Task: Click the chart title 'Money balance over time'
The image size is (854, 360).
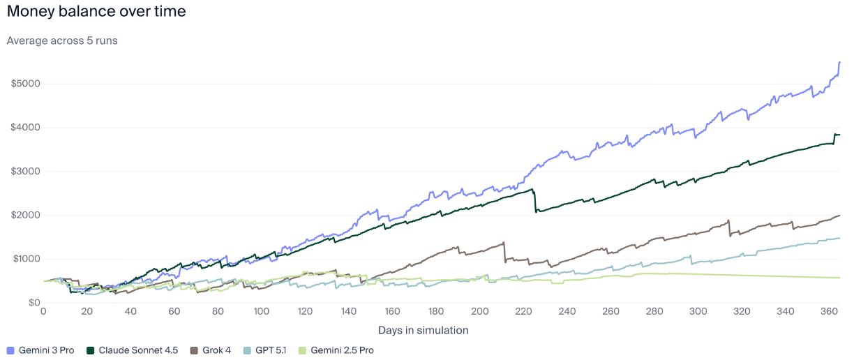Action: point(96,12)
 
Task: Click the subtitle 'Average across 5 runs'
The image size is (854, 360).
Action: point(62,40)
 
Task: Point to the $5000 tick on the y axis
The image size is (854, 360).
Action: point(25,84)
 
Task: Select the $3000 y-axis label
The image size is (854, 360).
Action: point(25,172)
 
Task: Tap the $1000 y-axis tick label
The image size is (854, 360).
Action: point(25,259)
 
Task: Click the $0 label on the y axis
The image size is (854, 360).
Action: point(32,303)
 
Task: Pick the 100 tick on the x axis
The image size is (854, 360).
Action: point(262,312)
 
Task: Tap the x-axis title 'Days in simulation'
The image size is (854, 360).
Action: point(423,330)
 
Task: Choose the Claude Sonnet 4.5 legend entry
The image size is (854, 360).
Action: point(127,350)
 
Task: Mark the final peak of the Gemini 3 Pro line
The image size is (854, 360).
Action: point(839,62)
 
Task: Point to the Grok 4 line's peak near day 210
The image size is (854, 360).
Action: point(503,243)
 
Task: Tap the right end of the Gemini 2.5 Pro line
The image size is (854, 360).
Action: point(839,278)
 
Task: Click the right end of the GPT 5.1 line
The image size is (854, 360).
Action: point(839,238)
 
